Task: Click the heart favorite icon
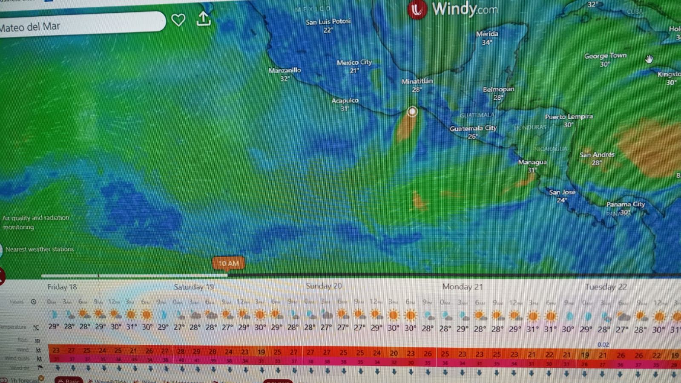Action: [178, 20]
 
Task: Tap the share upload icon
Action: [204, 19]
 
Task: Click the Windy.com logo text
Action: [464, 9]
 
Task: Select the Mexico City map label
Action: [354, 63]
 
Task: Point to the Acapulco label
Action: [345, 101]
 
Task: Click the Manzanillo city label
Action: [284, 70]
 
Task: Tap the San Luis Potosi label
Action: [328, 22]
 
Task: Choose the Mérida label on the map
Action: [487, 34]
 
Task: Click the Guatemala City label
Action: [473, 128]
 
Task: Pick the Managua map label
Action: [532, 162]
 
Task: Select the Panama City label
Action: [625, 204]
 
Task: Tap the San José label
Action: [562, 193]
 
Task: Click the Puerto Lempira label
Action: [569, 117]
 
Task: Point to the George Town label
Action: [605, 56]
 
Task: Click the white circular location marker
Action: [412, 112]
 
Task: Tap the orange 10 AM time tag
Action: [228, 263]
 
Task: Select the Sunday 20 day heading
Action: [324, 286]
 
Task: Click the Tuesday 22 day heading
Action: [606, 287]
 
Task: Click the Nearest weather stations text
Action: [39, 249]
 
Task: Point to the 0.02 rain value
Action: [603, 345]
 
